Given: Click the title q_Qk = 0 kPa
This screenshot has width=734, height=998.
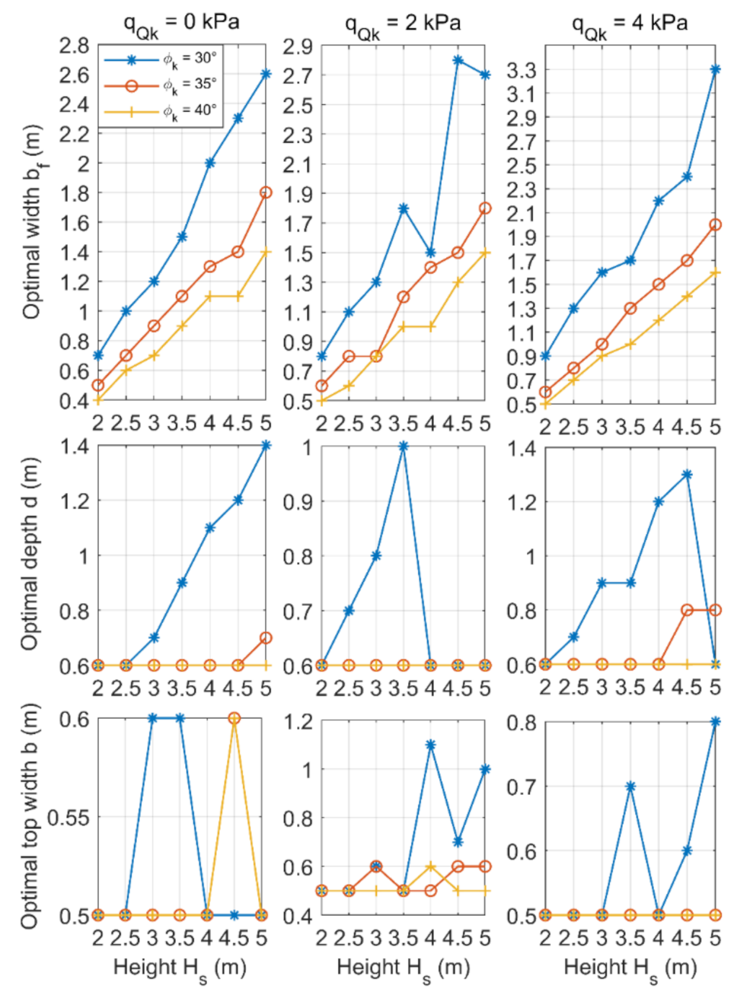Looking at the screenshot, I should click(181, 22).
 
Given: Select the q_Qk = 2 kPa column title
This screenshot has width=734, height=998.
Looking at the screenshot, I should click(403, 24).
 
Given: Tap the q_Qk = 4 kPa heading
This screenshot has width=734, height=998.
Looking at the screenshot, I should click(629, 24).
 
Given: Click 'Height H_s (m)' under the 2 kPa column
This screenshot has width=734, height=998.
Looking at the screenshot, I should click(403, 968).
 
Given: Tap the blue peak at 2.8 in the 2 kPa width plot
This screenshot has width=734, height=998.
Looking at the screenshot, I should click(458, 59).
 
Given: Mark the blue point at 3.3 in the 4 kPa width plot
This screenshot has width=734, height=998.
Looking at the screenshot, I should click(715, 69).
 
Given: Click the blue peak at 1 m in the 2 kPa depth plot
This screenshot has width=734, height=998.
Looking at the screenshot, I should click(404, 447).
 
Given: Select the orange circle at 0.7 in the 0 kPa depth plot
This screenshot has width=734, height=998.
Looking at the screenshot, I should click(266, 637).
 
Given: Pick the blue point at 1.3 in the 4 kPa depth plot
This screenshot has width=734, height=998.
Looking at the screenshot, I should click(687, 475).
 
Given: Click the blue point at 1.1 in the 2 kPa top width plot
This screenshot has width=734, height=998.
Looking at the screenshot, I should click(431, 745).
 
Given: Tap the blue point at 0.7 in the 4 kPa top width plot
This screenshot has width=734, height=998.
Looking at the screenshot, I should click(630, 787).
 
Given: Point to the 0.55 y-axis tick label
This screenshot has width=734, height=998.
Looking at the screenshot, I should click(68, 818).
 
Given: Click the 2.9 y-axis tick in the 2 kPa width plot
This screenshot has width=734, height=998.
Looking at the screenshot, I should click(298, 46).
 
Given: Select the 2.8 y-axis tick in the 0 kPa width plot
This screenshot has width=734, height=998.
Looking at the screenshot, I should click(74, 46).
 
